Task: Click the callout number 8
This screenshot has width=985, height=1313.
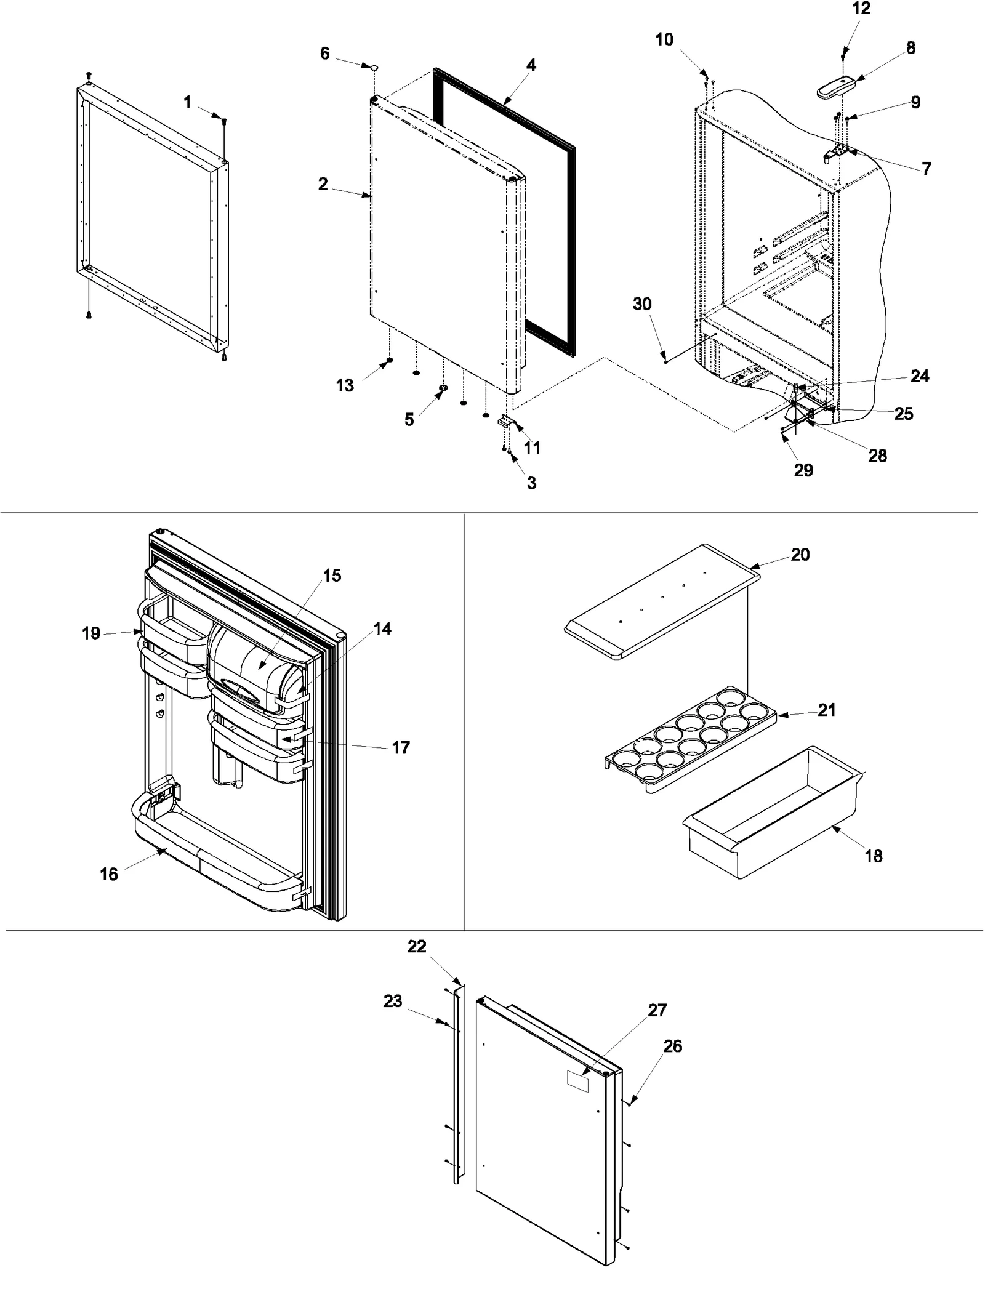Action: pyautogui.click(x=911, y=47)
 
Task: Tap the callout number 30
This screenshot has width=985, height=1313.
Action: pyautogui.click(x=642, y=304)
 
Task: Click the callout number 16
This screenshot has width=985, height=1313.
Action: pyautogui.click(x=109, y=874)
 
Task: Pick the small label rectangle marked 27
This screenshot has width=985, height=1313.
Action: pyautogui.click(x=577, y=1081)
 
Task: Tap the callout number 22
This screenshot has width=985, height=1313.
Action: pyautogui.click(x=417, y=946)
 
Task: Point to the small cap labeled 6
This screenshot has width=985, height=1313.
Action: pyautogui.click(x=374, y=65)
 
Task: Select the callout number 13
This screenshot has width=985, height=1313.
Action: pyautogui.click(x=345, y=385)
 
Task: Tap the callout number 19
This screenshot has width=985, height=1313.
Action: pyautogui.click(x=91, y=633)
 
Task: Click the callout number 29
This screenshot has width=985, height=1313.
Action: pyautogui.click(x=803, y=470)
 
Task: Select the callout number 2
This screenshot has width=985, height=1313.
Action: pyautogui.click(x=323, y=184)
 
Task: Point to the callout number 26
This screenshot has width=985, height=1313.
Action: pyautogui.click(x=673, y=1046)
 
